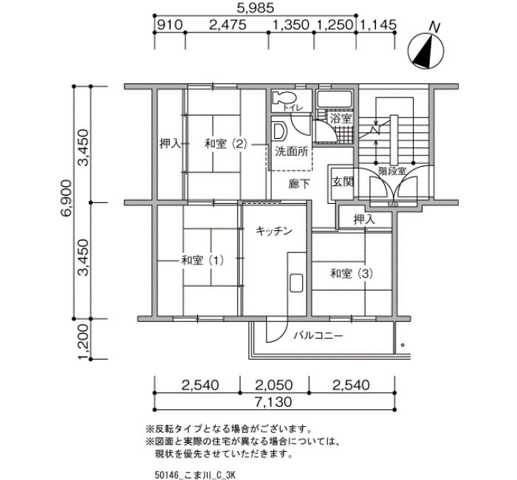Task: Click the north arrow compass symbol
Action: click(425, 49)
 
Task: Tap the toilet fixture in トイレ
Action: click(284, 97)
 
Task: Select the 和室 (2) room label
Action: click(226, 144)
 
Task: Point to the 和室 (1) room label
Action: click(203, 261)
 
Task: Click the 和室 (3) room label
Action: click(352, 273)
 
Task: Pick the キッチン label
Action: click(274, 230)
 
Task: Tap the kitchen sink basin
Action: click(296, 283)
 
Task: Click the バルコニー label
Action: click(318, 335)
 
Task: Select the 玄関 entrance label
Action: click(343, 182)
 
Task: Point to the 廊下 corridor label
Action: click(299, 184)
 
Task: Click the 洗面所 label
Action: click(292, 151)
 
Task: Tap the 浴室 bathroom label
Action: click(341, 119)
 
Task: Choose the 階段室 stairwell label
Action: click(392, 171)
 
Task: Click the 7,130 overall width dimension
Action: click(274, 402)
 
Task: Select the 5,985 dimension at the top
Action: click(256, 8)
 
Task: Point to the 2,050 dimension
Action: click(275, 385)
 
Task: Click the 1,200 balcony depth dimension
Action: click(83, 342)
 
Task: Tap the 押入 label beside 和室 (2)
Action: click(170, 144)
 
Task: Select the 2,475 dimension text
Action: click(227, 24)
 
